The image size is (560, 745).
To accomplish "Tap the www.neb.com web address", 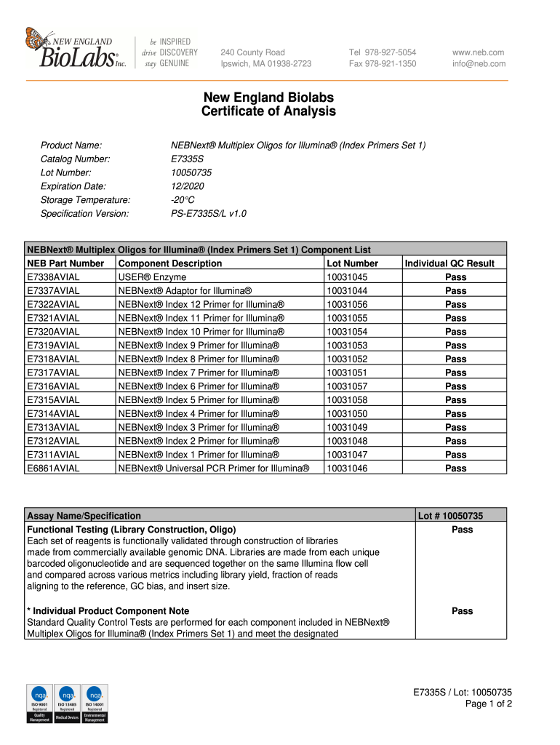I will [478, 52].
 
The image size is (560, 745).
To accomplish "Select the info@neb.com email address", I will [479, 64].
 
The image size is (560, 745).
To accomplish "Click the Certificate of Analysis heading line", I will [268, 111].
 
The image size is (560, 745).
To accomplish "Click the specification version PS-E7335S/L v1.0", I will [208, 214].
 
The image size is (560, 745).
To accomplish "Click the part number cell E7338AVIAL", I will [54, 277].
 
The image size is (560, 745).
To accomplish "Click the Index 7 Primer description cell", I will [198, 372].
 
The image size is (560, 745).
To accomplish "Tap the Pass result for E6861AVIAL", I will [456, 469].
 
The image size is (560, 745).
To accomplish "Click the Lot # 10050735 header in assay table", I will [449, 516].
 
